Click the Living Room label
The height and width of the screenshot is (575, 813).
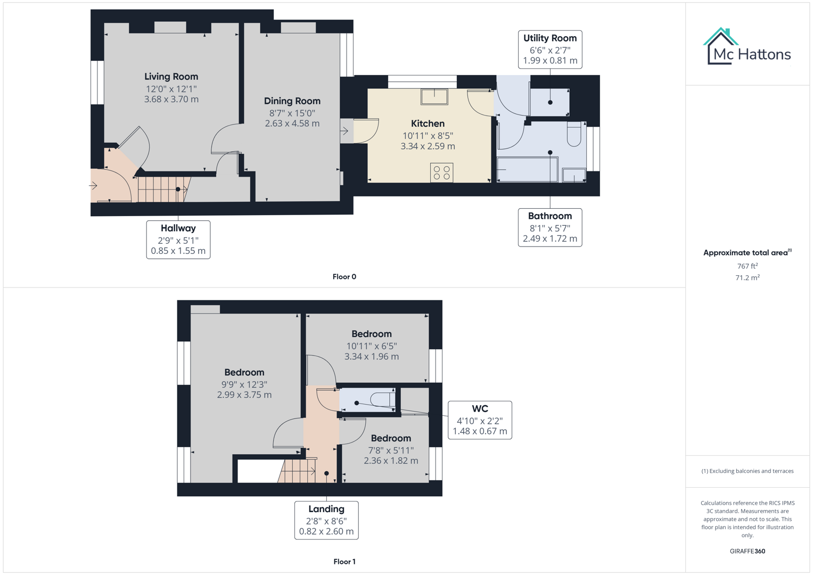click(171, 77)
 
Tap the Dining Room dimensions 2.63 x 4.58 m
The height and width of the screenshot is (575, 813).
click(292, 124)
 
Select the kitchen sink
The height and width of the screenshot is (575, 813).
click(434, 96)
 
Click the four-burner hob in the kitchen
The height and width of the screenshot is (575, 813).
click(441, 172)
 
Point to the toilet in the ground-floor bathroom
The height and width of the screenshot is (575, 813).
click(573, 134)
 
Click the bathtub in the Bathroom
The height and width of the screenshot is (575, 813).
click(527, 170)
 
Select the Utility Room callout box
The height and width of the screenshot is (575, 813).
click(550, 50)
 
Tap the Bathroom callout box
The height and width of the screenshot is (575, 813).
click(550, 227)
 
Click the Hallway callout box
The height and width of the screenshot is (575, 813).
click(178, 240)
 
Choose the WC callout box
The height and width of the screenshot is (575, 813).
click(480, 420)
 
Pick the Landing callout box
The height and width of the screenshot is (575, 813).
click(326, 520)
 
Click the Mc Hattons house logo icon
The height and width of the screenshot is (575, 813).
click(720, 46)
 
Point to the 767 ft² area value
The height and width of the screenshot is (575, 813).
click(747, 266)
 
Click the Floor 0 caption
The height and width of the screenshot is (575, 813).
click(344, 277)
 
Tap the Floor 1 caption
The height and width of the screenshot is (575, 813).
click(344, 562)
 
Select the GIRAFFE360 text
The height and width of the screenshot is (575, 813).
click(747, 551)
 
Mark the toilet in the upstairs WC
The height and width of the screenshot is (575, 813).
click(382, 399)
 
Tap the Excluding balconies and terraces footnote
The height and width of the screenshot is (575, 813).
click(747, 471)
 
